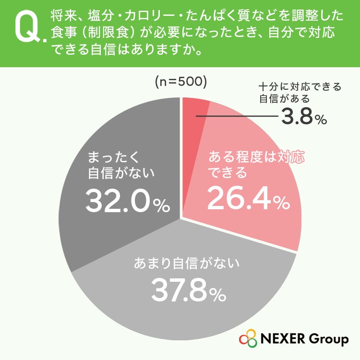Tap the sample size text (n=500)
click(181, 82)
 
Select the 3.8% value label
click(304, 117)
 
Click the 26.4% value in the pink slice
click(249, 198)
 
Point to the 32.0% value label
click(127, 201)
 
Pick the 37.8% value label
click(189, 290)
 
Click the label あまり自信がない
click(187, 263)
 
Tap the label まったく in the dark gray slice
click(114, 157)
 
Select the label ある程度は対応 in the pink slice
click(256, 157)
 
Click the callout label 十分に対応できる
click(300, 87)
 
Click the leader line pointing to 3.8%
click(237, 116)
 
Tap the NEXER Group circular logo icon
click(248, 339)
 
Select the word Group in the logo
click(328, 340)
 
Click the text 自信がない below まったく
click(121, 173)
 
